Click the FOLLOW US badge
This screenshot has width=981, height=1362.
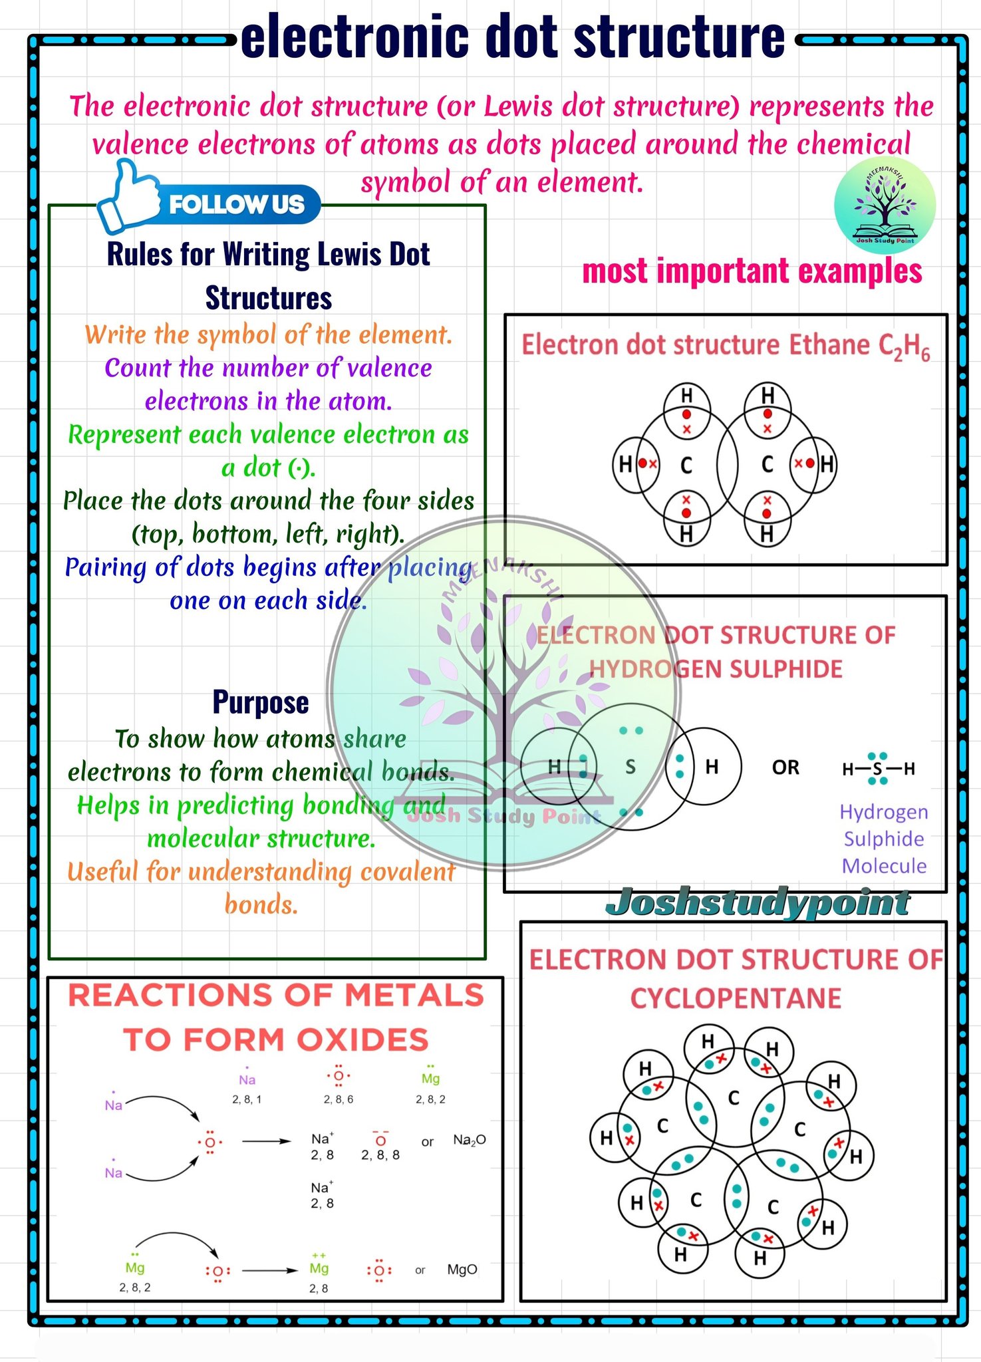(x=236, y=205)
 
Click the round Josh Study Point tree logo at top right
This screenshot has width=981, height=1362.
(x=885, y=204)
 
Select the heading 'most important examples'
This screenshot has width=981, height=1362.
(x=752, y=271)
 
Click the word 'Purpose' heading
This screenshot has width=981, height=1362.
(x=261, y=702)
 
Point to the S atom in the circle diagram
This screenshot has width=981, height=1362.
(x=631, y=767)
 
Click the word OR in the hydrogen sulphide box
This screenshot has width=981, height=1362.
(x=785, y=767)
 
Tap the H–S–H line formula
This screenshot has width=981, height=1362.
(x=878, y=769)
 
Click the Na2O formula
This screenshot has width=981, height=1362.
(x=470, y=1140)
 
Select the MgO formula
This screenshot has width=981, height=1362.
(x=462, y=1270)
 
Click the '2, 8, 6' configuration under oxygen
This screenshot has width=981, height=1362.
(x=339, y=1099)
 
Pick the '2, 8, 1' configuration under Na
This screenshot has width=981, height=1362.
(x=247, y=1099)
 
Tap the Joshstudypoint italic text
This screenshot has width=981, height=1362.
(x=758, y=902)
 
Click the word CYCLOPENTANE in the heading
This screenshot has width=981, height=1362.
(x=736, y=998)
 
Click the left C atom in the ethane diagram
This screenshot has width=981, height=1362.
(x=686, y=465)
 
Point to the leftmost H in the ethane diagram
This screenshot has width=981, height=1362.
(x=625, y=464)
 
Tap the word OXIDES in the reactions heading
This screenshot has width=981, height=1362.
(x=362, y=1039)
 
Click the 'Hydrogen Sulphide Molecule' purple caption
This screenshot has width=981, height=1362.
(x=884, y=839)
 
